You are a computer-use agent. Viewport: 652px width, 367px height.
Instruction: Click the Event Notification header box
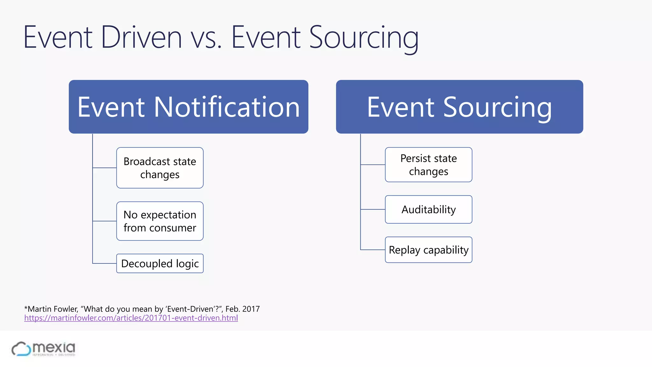(188, 107)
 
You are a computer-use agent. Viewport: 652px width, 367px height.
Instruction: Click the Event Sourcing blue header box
(459, 107)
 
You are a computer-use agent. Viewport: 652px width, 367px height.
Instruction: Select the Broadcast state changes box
(160, 168)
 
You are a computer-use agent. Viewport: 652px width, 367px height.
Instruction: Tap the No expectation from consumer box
(160, 221)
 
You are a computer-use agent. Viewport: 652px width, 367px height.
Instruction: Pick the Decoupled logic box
(160, 263)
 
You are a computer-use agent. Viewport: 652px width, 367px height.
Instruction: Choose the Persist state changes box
(429, 165)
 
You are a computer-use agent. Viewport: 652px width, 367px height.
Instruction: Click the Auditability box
(429, 210)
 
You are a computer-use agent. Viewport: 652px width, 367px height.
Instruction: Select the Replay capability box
(429, 250)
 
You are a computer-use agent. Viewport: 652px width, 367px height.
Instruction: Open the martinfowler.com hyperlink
(131, 318)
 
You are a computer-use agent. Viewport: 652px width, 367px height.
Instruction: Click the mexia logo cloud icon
(21, 349)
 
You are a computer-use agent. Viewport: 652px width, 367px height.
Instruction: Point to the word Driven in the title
(141, 38)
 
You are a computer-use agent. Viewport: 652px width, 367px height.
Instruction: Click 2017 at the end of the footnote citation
(251, 309)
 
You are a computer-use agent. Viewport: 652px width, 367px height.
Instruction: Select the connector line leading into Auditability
(373, 209)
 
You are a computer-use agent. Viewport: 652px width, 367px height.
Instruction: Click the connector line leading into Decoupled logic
(104, 263)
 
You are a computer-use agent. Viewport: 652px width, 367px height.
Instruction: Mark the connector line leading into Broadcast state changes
(104, 168)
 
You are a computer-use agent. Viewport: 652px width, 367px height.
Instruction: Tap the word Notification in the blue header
(227, 107)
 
